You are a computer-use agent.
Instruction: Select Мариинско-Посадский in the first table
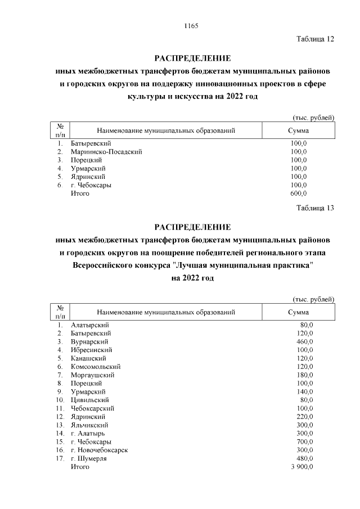[x=106, y=151]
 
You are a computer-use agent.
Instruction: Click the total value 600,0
[x=298, y=193]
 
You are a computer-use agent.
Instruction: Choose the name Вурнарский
[x=89, y=341]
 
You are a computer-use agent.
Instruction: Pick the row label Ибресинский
[x=92, y=350]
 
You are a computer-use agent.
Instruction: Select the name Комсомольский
[x=96, y=367]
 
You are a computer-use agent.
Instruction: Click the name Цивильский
[x=90, y=400]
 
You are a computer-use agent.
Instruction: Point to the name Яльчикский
[x=90, y=425]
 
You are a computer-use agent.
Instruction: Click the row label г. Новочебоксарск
[x=100, y=450]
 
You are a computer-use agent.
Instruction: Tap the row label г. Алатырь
[x=88, y=434]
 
